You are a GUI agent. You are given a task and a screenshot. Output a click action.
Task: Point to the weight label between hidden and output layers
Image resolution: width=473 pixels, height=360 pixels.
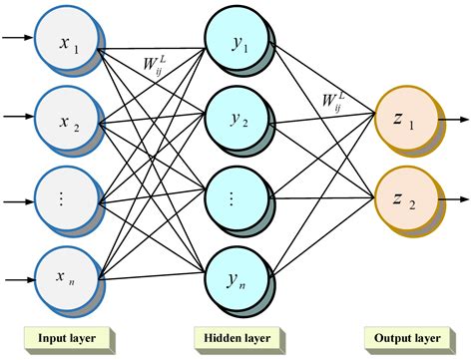coord(333,101)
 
